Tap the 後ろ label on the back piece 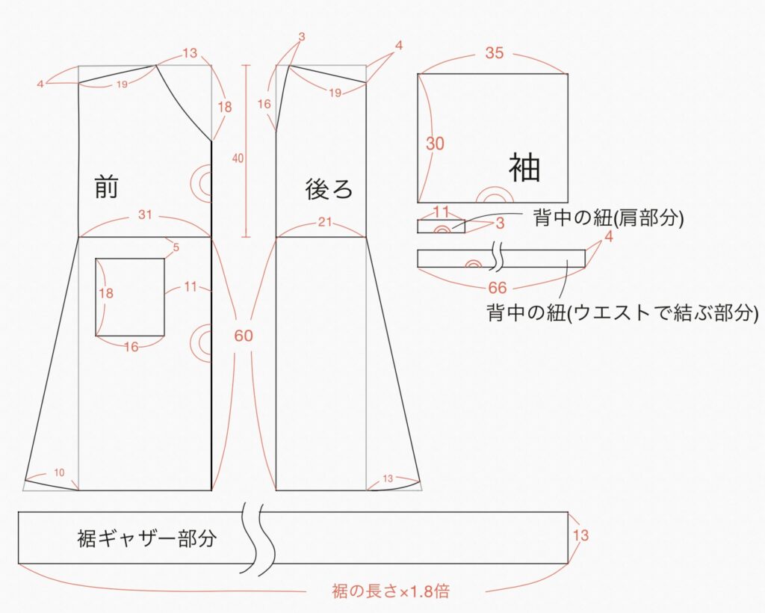(x=329, y=189)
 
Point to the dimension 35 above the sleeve (x=494, y=53)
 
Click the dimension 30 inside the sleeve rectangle (x=435, y=144)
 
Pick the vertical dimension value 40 (x=238, y=158)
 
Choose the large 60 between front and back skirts (x=244, y=336)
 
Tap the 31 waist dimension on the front (x=145, y=215)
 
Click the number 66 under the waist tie (x=498, y=287)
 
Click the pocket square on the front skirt (x=130, y=297)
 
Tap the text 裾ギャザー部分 (x=146, y=538)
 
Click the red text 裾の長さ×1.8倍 (x=391, y=592)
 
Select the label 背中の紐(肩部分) (x=609, y=219)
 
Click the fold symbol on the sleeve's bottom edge (x=494, y=196)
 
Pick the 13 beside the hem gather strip (x=580, y=535)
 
